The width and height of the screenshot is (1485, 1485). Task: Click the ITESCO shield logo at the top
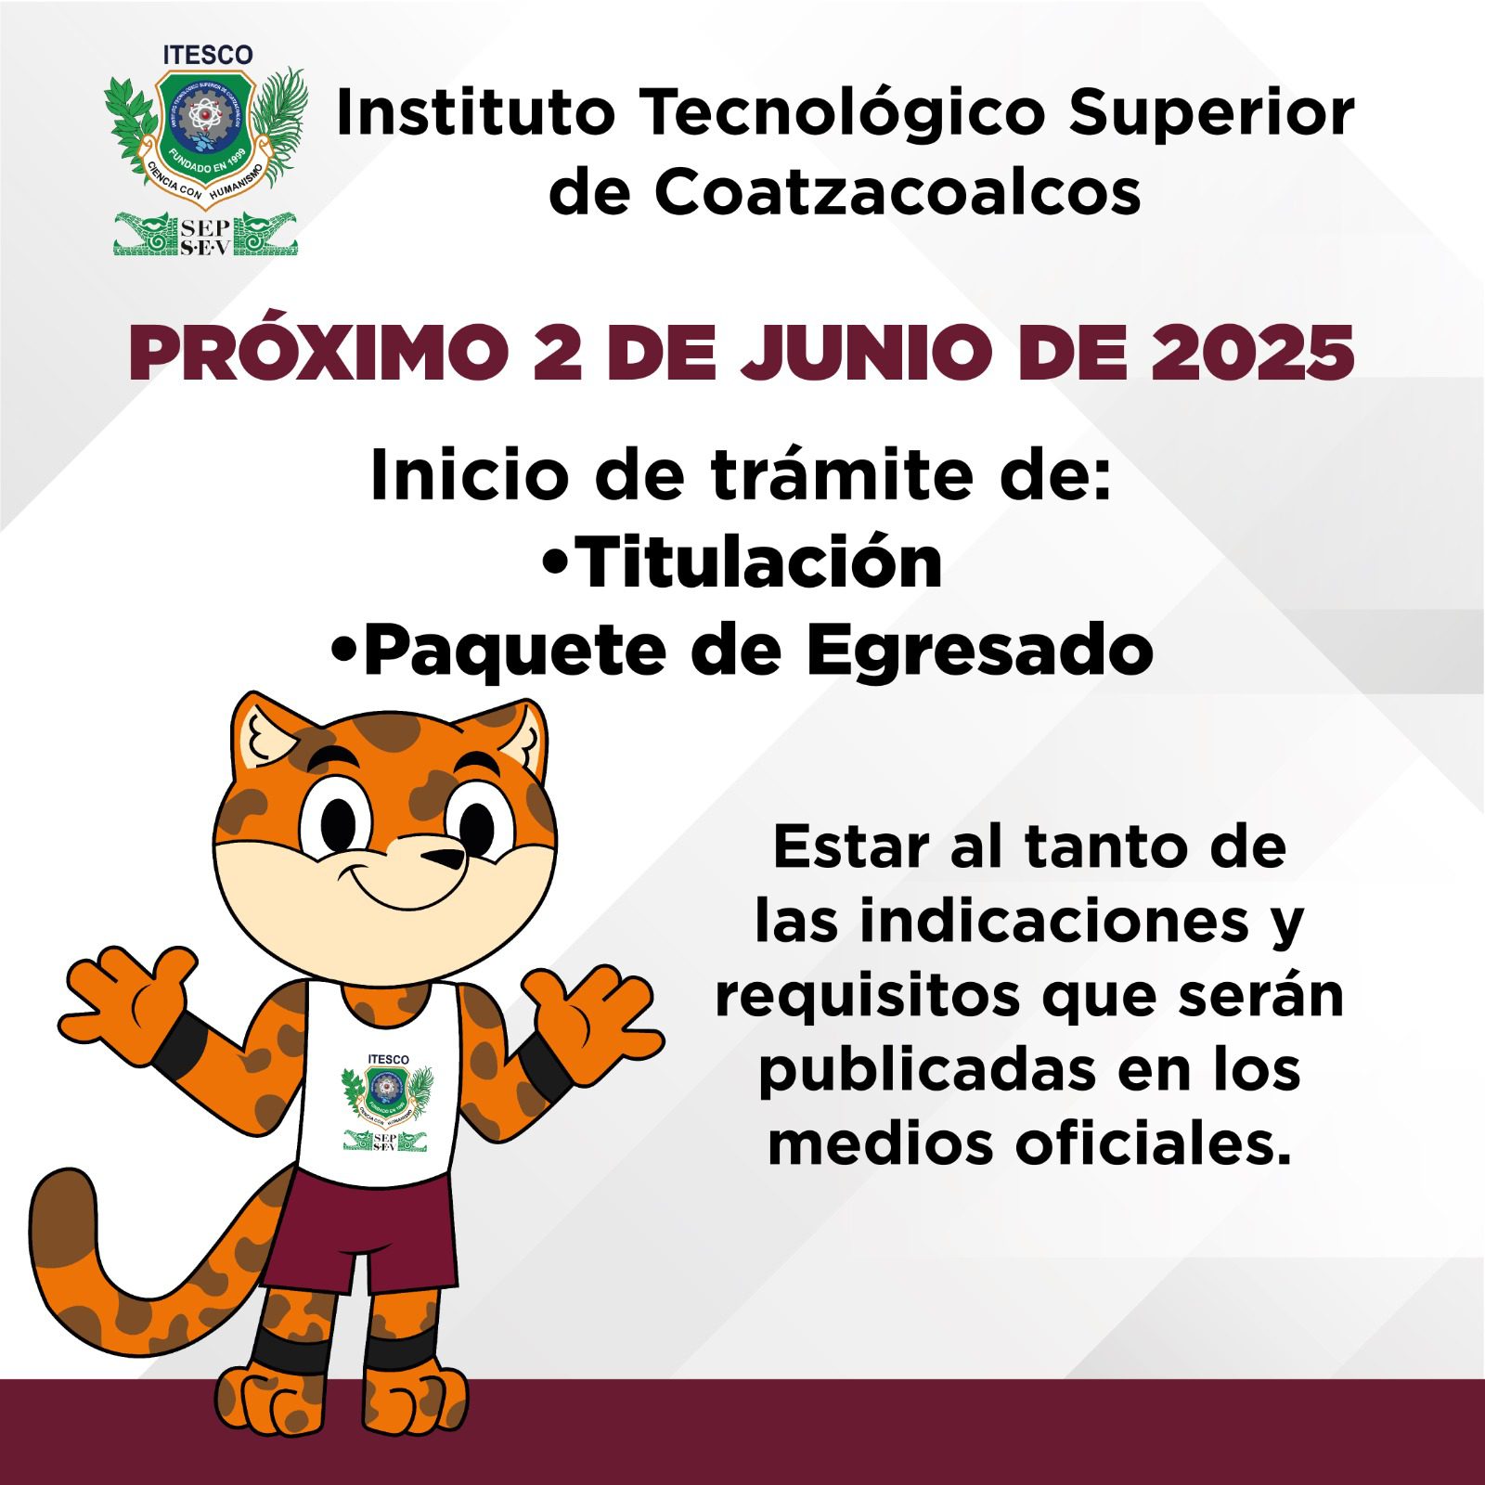click(x=205, y=148)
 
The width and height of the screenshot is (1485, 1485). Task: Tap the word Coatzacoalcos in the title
click(x=897, y=192)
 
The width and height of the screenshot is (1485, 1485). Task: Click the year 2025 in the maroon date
click(x=1252, y=353)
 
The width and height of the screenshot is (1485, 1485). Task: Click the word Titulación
click(x=759, y=562)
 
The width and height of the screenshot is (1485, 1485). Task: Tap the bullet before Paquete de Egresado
click(x=344, y=652)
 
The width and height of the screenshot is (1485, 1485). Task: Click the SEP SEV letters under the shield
click(x=205, y=238)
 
